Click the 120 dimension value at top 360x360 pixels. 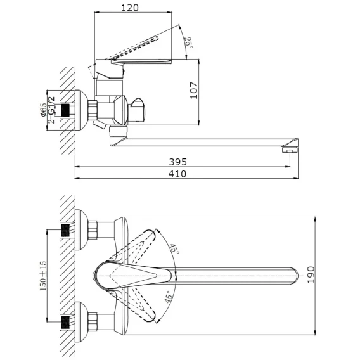(130, 8)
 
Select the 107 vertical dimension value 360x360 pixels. (194, 91)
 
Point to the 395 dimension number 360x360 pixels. (178, 162)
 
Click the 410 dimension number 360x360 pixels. (177, 174)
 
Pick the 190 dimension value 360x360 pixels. (311, 275)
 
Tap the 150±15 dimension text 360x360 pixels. (43, 276)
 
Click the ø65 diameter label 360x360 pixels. (43, 110)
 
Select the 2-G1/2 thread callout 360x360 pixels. (52, 110)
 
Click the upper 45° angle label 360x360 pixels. (174, 248)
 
